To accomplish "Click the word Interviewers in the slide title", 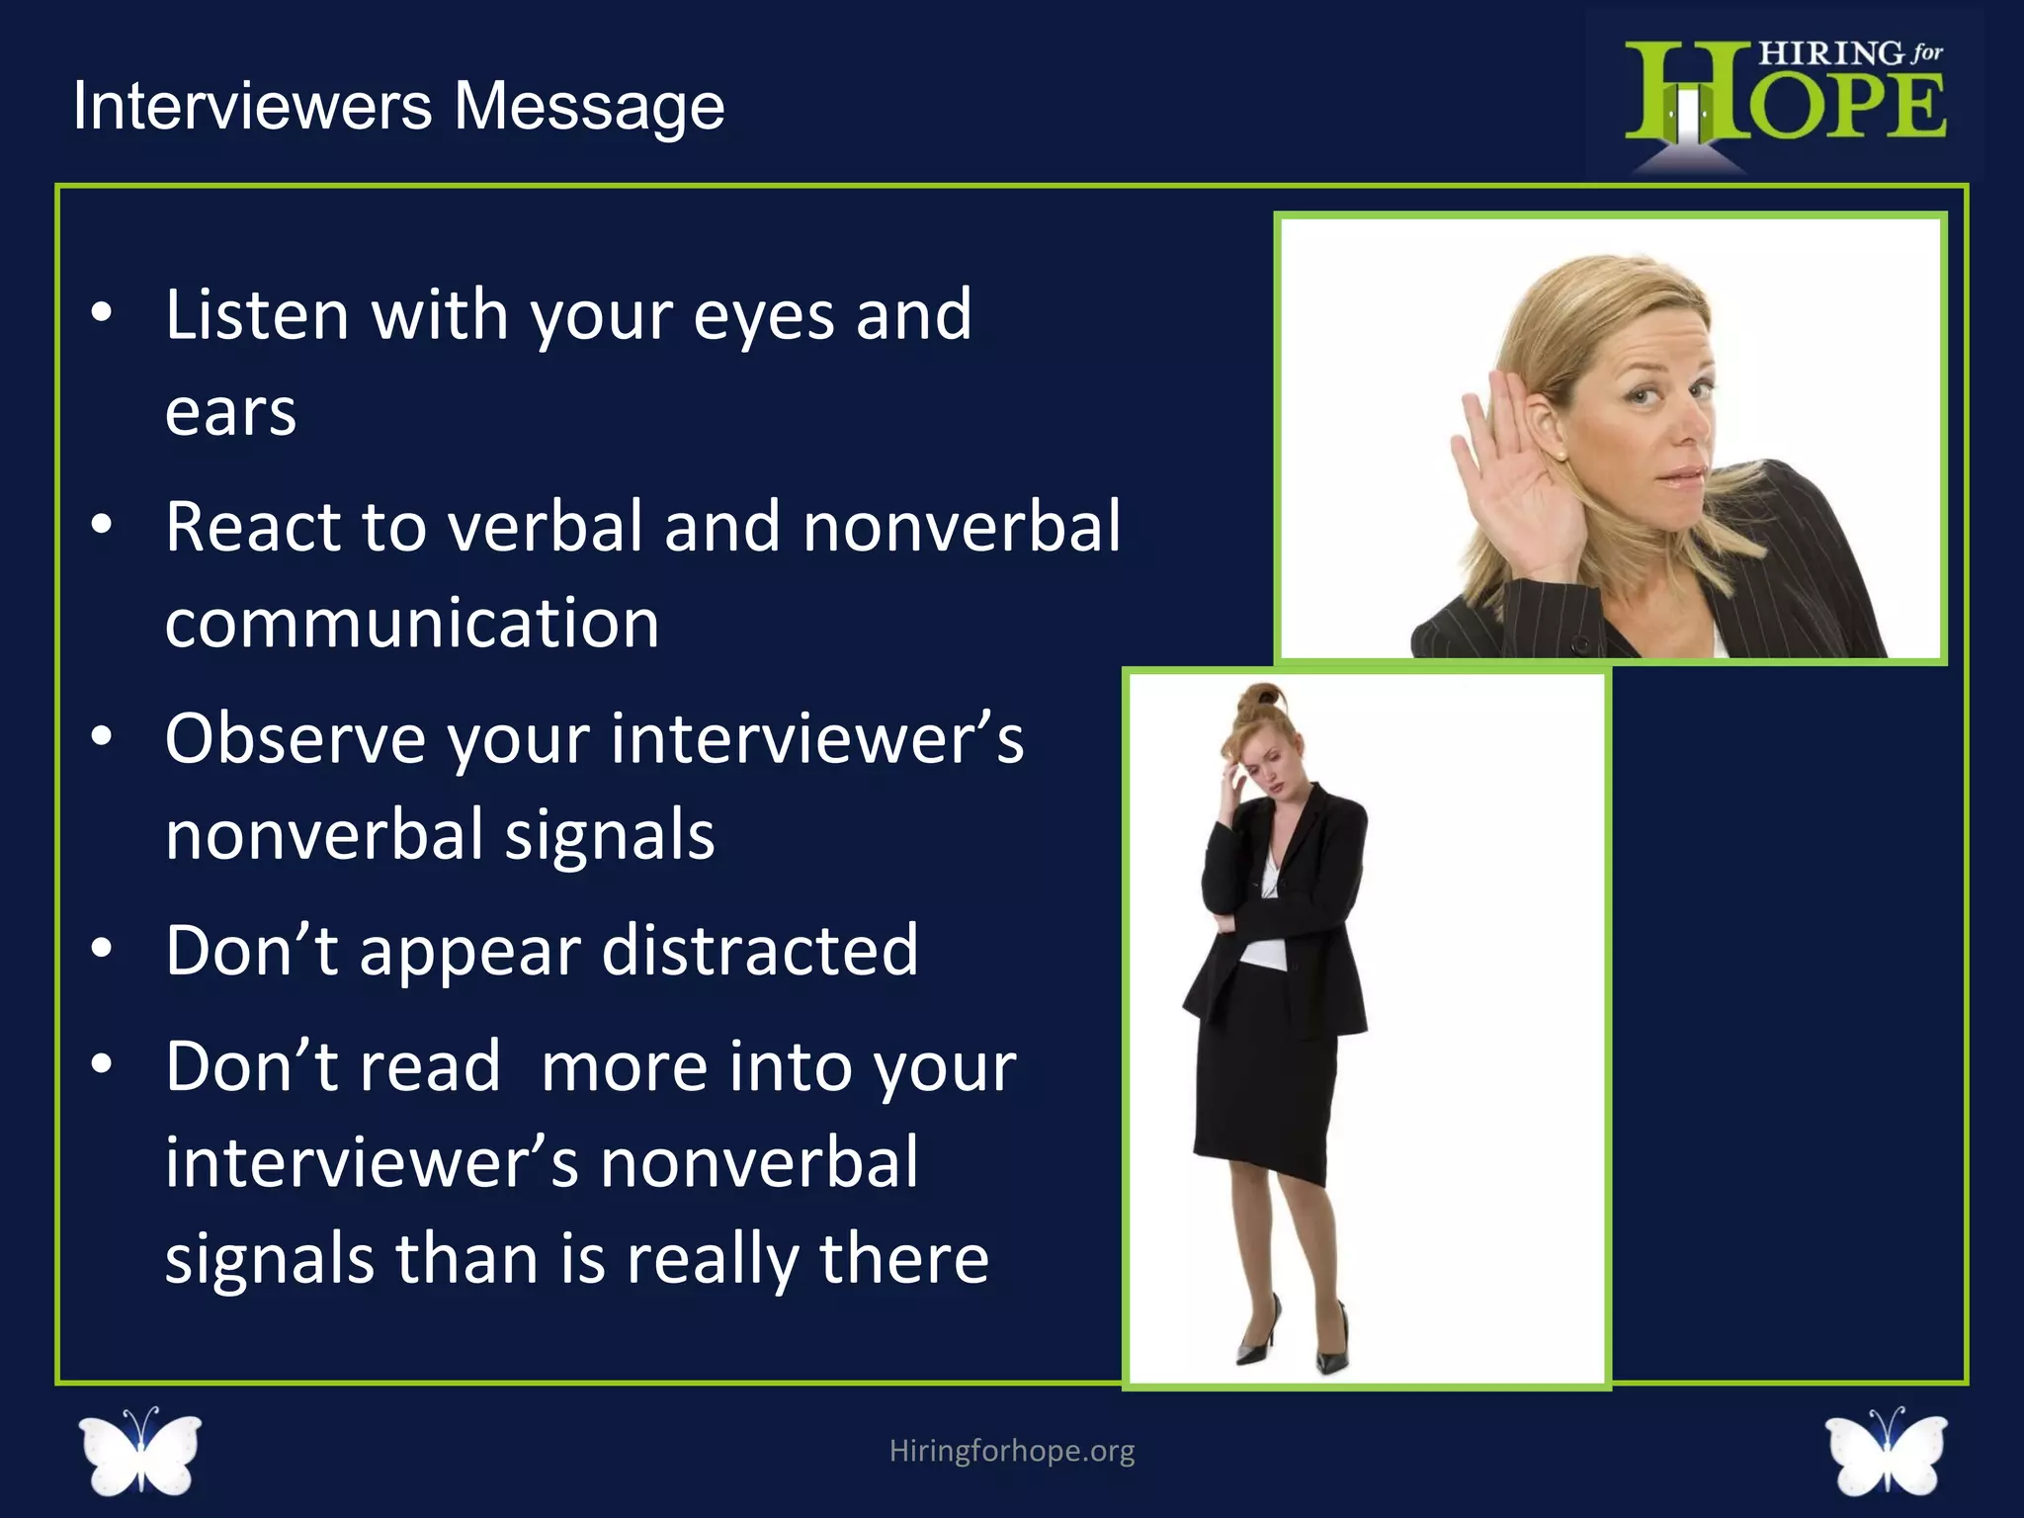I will [252, 106].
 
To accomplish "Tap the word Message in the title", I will [589, 108].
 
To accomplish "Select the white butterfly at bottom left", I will [140, 1450].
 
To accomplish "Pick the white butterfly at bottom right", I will [1886, 1450].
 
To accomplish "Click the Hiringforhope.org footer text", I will [1011, 1451].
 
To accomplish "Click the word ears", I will [230, 412].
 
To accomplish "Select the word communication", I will [412, 624].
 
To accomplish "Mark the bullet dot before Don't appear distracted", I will [101, 950].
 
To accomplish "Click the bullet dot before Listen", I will [101, 313].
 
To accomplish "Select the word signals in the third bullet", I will [609, 835].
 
